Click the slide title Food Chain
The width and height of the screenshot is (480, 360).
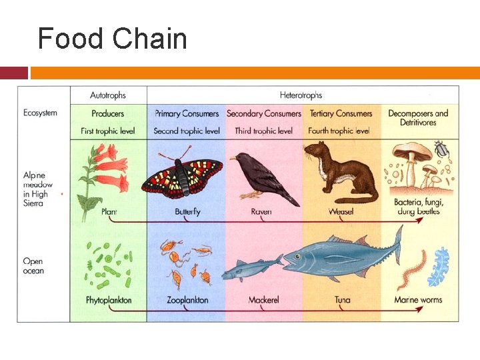pos(112,39)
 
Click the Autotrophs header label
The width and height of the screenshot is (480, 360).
pos(108,95)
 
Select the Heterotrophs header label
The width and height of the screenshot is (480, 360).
pos(301,95)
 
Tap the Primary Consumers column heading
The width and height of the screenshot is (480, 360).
pos(187,113)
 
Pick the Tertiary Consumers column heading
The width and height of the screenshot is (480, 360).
pos(341,113)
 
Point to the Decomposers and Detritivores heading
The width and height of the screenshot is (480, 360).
pos(418,117)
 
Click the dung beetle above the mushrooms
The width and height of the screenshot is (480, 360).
pos(441,149)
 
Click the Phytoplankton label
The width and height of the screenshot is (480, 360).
pos(109,300)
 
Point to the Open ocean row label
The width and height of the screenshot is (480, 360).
pos(33,266)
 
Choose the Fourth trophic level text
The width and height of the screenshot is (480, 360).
pos(339,131)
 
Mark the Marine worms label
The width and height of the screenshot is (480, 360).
pos(418,300)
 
